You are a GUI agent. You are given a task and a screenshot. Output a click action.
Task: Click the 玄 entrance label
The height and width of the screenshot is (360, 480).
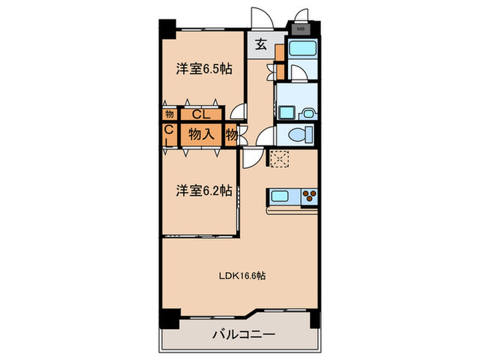261,46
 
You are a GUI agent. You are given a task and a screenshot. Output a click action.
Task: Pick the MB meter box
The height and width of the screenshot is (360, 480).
300,29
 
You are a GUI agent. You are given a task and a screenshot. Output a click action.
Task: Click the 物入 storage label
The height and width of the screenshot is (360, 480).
203,134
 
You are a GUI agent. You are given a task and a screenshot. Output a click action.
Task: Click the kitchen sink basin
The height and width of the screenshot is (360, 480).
280,197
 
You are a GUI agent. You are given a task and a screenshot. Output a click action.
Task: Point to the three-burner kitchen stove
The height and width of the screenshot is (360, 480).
309,197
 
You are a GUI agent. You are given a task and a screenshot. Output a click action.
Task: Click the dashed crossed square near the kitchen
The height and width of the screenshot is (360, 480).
280,158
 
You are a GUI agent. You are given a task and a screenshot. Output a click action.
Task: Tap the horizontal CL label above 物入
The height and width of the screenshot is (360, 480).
200,114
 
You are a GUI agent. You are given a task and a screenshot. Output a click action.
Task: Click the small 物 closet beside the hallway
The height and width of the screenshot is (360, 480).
232,134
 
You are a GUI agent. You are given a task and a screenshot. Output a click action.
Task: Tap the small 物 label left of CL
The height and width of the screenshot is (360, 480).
169,114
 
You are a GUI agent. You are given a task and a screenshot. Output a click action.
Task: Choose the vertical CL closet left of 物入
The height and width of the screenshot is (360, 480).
169,134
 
